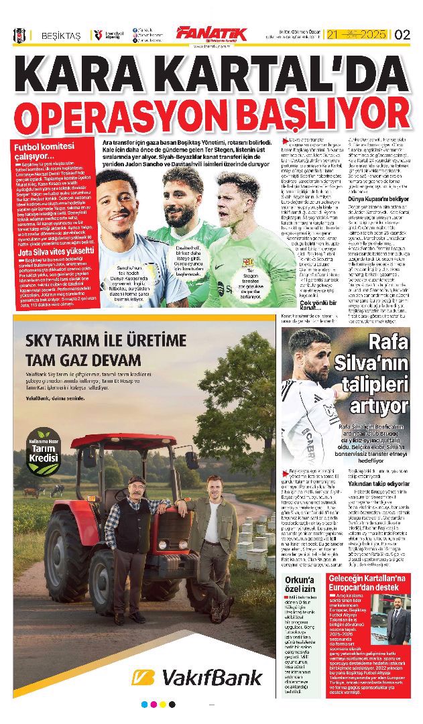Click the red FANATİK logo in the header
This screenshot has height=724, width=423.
pos(211,34)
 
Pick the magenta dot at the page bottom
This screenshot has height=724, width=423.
pos(154,705)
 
